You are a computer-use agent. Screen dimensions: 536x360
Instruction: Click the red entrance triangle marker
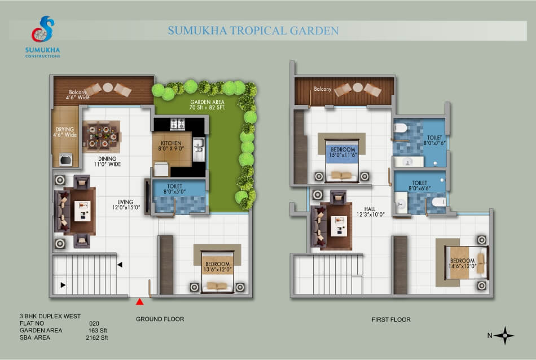pyautogui.click(x=139, y=301)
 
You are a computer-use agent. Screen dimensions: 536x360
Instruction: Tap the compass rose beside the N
pyautogui.click(x=504, y=335)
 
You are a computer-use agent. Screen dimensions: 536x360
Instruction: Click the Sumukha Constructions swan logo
pyautogui.click(x=43, y=29)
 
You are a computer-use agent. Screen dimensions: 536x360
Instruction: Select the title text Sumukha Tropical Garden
pyautogui.click(x=253, y=31)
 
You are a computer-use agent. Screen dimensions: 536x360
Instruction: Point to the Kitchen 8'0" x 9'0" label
pyautogui.click(x=171, y=146)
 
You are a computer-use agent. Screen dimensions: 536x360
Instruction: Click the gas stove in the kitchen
pyautogui.click(x=177, y=124)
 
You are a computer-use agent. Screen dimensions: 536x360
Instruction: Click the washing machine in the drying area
pyautogui.click(x=65, y=160)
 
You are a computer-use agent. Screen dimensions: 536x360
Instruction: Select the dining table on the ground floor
pyautogui.click(x=101, y=137)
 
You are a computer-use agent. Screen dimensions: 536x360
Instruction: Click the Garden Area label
pyautogui.click(x=207, y=104)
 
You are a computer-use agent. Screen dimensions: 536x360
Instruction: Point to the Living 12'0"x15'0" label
pyautogui.click(x=126, y=204)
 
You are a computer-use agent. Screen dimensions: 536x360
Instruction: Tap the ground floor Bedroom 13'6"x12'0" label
pyautogui.click(x=217, y=267)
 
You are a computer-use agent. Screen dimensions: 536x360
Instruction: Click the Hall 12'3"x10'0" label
pyautogui.click(x=370, y=212)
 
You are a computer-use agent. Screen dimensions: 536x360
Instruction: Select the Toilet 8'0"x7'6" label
pyautogui.click(x=434, y=140)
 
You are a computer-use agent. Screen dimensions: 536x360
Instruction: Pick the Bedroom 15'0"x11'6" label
pyautogui.click(x=343, y=152)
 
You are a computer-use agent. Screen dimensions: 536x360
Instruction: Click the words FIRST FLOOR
pyautogui.click(x=391, y=320)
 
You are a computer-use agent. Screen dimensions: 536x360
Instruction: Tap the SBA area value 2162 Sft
pyautogui.click(x=96, y=337)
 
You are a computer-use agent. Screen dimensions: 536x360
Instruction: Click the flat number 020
pyautogui.click(x=94, y=323)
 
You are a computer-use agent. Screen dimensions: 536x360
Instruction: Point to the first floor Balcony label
pyautogui.click(x=323, y=89)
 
